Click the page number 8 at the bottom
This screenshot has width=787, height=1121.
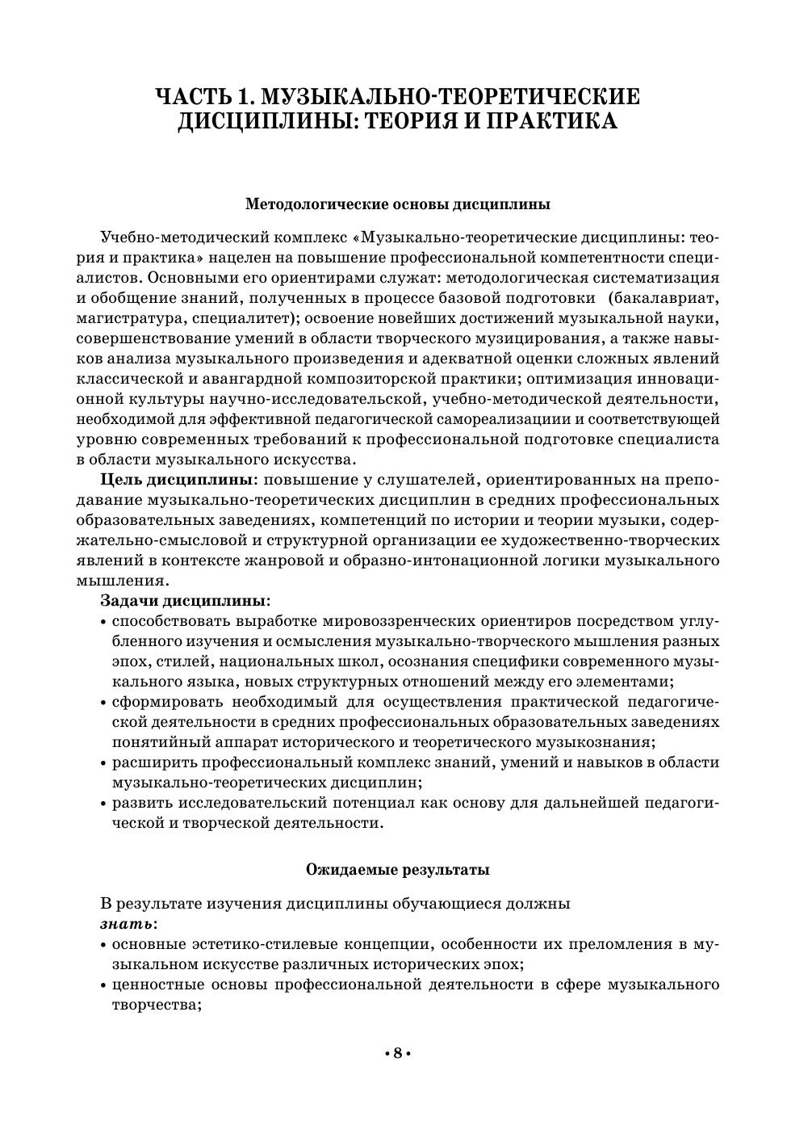pos(396,1054)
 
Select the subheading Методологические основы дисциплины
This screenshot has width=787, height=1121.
pos(397,204)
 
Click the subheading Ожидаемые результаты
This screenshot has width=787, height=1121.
pos(397,870)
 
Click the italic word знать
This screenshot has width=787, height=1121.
pos(127,923)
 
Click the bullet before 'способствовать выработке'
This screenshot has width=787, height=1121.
pos(104,622)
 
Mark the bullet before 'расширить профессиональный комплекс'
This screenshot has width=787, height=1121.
pos(104,763)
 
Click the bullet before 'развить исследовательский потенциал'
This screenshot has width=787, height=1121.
pos(104,804)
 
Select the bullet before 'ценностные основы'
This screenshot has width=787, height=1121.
pos(104,985)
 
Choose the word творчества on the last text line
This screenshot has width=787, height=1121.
pos(154,1005)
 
